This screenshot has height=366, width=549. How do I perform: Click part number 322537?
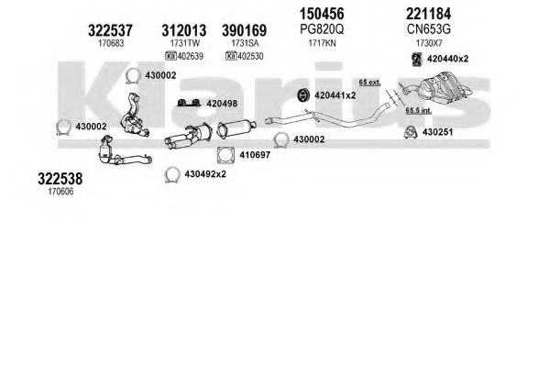coord(110,30)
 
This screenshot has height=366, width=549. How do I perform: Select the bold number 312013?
coord(184,30)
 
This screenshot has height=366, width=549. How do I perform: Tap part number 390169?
coord(244,30)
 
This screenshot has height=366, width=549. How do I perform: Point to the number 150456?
coord(322,14)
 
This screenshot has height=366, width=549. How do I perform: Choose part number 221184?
coord(429,14)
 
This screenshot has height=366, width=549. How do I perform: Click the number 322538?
coord(60,179)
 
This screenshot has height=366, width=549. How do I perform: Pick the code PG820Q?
coord(322,29)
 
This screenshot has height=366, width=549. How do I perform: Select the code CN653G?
coord(429,29)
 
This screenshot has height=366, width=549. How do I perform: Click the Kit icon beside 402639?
coord(170,56)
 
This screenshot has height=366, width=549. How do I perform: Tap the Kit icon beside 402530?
coord(231,56)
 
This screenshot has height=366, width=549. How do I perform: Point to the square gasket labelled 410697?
coord(225,155)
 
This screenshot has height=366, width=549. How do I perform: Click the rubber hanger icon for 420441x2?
coord(302,95)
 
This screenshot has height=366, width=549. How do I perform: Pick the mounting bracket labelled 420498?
coord(189,103)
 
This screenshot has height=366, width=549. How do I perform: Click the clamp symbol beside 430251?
coord(411,133)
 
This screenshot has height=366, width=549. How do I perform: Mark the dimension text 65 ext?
coord(369,83)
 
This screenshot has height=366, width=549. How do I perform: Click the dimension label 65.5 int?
coord(419,110)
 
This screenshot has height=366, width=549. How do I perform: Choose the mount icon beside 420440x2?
coord(417,59)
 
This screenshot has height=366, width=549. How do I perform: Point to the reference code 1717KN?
coord(322,43)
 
